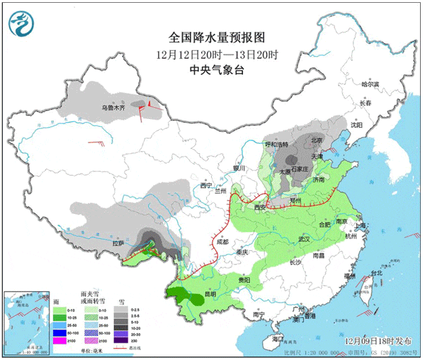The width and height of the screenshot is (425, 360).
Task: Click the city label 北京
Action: click(x=316, y=140)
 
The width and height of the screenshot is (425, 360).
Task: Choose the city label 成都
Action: click(x=223, y=242)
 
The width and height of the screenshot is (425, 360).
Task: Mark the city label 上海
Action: click(x=361, y=225)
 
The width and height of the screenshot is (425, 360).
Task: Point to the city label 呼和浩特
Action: click(x=276, y=145)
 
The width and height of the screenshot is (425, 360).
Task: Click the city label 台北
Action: click(x=376, y=272)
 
